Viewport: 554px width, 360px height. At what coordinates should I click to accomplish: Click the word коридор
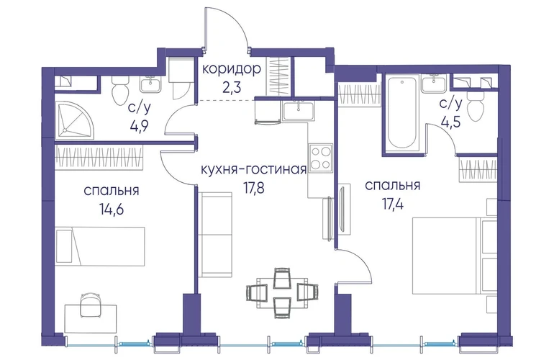[x=232, y=69]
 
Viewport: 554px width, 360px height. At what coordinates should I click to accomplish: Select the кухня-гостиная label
[x=253, y=170]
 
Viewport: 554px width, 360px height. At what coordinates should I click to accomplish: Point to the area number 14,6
[x=112, y=210]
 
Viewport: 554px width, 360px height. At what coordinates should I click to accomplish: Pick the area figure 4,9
[x=139, y=125]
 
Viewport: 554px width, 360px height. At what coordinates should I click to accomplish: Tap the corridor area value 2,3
[x=232, y=87]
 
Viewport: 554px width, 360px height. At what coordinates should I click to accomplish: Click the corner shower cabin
[x=76, y=120]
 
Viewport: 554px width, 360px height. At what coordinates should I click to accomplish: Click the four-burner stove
[x=321, y=158]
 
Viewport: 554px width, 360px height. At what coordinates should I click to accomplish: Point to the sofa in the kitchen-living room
[x=215, y=235]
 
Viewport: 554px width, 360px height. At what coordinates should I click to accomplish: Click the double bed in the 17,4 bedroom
[x=455, y=256]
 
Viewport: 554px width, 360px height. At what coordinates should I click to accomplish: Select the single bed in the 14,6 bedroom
[x=100, y=246]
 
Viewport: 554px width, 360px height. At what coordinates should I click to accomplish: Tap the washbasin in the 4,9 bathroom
[x=150, y=85]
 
